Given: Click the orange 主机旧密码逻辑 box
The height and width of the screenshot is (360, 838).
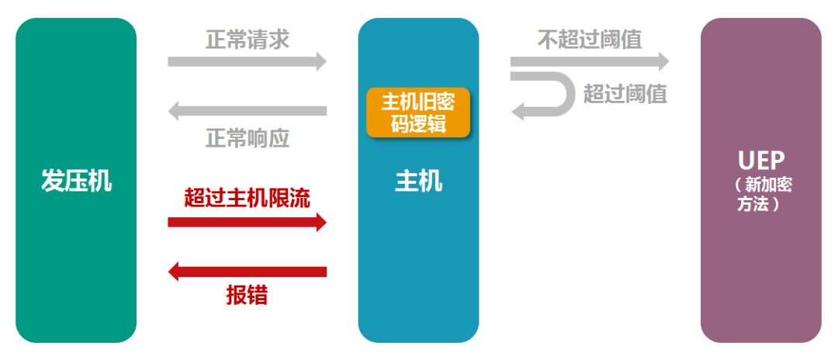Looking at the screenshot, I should coord(418,112).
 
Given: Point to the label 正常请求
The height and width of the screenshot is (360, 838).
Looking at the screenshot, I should coord(248,40).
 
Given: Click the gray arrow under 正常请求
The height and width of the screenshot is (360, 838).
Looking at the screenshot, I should coord(248,61).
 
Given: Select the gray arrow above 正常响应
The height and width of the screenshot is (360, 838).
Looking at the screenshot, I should coord(248,111).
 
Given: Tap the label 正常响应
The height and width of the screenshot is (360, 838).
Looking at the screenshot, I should coord(248,138).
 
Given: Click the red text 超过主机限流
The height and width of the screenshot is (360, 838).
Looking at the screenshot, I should coord(248,198).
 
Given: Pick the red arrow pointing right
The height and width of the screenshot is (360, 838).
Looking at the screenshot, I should coord(248,223).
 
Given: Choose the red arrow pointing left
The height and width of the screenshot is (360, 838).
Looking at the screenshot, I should coord(248,272).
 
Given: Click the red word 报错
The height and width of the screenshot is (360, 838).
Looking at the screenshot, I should coord(248,296).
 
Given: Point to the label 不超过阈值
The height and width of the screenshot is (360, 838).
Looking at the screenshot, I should coord(590,40).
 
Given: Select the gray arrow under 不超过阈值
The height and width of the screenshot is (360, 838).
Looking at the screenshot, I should coord(590,61).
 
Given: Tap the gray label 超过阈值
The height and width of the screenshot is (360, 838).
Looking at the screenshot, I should coord(625,94).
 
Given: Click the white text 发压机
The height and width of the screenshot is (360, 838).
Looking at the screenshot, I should coord(76,182).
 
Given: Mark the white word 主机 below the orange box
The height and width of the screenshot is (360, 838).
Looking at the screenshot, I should coord(418,182).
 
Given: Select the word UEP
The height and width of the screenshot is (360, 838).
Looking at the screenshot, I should coord(761,161).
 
